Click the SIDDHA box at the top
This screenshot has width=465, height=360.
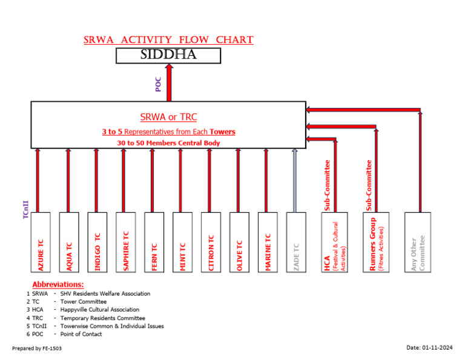click(x=168, y=56)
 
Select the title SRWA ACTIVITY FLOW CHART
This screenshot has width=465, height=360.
click(x=168, y=40)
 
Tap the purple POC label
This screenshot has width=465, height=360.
click(x=159, y=85)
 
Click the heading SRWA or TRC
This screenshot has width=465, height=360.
click(x=168, y=117)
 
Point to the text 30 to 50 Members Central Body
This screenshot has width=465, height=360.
click(x=168, y=143)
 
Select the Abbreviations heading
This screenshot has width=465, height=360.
click(x=58, y=284)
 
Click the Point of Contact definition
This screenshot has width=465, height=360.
click(x=81, y=334)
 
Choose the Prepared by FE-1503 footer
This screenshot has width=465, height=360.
click(x=37, y=348)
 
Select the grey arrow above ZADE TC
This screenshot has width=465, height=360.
click(x=295, y=181)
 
